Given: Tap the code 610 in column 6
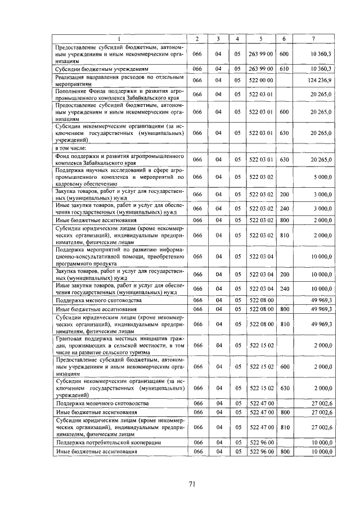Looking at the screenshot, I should (284, 69).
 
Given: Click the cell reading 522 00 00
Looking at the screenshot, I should (260, 81).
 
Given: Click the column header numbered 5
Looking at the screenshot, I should (260, 38).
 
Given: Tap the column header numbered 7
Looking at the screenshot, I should (313, 38).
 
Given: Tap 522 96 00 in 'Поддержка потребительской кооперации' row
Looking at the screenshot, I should (260, 443).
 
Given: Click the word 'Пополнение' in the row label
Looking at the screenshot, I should (72, 90).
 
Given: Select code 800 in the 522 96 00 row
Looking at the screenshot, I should (284, 452).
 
